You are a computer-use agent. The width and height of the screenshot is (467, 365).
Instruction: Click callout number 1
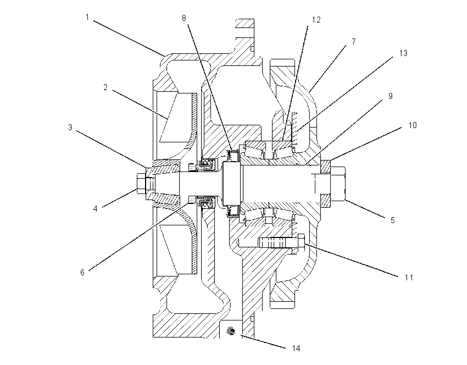click(x=87, y=17)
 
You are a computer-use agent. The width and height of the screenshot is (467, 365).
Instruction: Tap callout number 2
click(x=105, y=87)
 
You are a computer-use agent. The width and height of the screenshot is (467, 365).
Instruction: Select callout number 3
click(x=70, y=128)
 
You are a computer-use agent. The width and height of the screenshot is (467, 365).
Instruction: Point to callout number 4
click(x=95, y=208)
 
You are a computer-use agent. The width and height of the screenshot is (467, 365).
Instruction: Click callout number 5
click(x=392, y=220)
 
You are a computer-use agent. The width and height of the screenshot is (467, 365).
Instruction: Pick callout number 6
click(x=82, y=272)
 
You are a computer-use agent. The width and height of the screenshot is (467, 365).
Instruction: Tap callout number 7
click(x=353, y=42)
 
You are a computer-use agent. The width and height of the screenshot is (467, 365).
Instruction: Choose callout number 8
click(x=184, y=18)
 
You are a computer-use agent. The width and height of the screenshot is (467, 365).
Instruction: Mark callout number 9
click(x=391, y=96)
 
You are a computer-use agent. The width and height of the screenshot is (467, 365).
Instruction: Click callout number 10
click(x=413, y=125)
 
